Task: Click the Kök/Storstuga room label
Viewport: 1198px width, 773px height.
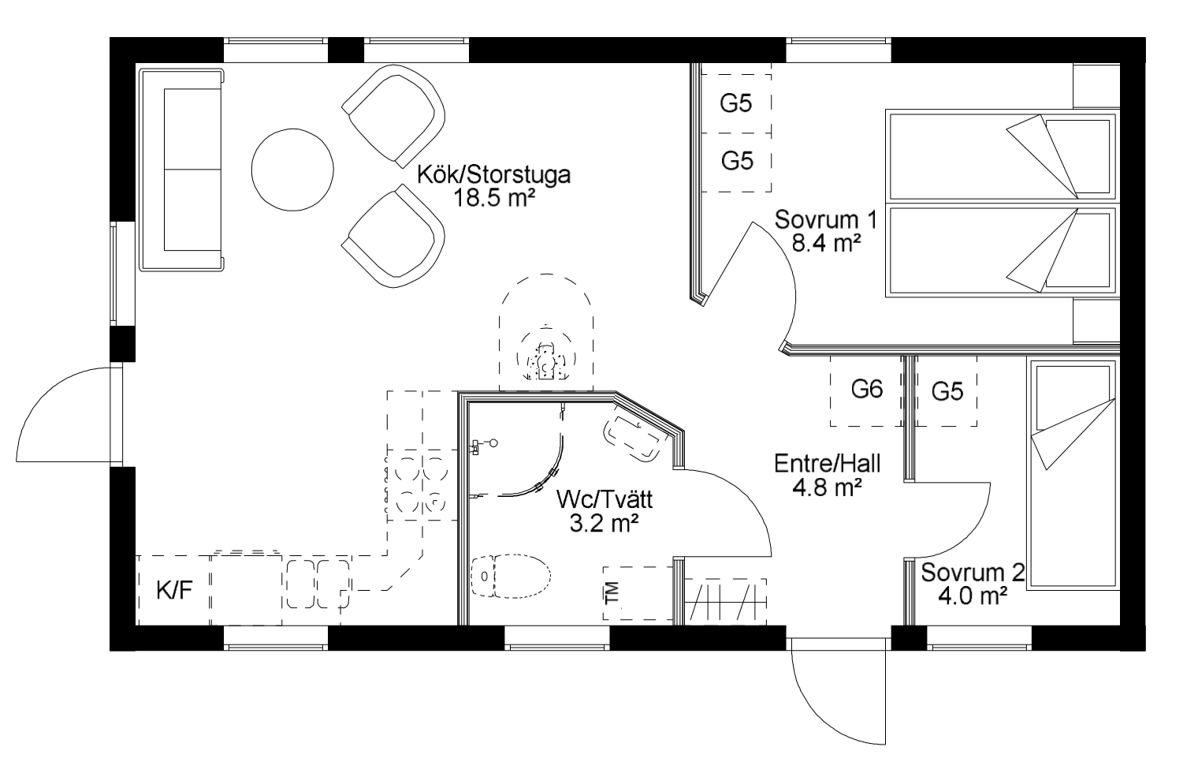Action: pos(493,175)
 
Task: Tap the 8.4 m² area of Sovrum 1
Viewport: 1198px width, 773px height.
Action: pos(826,244)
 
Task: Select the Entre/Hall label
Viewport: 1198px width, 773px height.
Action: pos(827,464)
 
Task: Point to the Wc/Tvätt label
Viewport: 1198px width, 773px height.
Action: pos(605,499)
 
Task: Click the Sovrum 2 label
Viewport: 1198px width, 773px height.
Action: pos(973,573)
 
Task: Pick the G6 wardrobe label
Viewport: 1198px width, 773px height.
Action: pos(867,389)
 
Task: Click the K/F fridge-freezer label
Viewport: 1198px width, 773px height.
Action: pos(174,591)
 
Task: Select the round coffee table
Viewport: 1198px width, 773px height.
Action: pos(292,170)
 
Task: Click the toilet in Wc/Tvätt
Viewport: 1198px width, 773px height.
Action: pos(511,576)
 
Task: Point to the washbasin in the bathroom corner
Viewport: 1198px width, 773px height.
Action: pos(634,436)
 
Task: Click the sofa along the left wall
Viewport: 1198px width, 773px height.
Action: pos(181,170)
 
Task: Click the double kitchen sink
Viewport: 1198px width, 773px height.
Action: pos(318,584)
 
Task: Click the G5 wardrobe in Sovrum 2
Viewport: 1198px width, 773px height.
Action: pos(947,391)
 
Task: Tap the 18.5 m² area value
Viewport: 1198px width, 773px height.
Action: pos(494,199)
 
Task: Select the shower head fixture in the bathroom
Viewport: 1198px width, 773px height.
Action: pos(484,444)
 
